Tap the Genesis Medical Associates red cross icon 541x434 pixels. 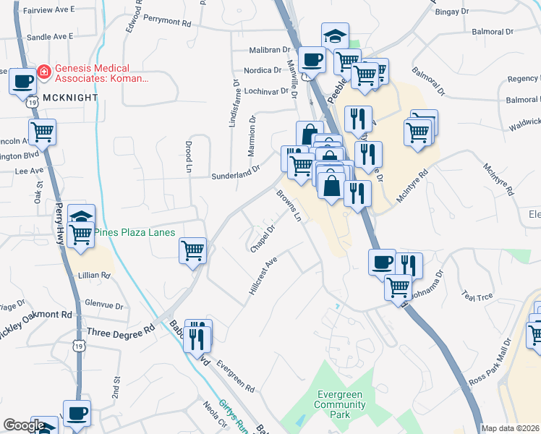click(44, 72)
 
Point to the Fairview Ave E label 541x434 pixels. click(48, 10)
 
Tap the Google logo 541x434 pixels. click(23, 425)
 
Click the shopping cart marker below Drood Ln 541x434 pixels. click(192, 250)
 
